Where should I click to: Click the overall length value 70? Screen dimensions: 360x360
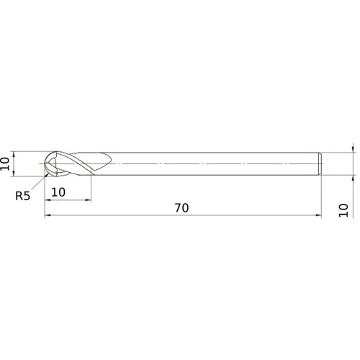click(x=181, y=207)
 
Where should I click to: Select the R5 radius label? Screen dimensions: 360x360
click(x=22, y=195)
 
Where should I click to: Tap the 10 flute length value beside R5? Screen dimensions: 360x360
click(x=58, y=192)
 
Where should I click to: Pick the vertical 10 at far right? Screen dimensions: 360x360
click(x=343, y=210)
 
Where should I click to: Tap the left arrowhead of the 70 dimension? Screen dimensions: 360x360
click(x=48, y=215)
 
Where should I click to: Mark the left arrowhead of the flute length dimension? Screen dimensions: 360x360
click(x=48, y=199)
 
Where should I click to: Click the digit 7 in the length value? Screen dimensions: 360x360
click(x=177, y=207)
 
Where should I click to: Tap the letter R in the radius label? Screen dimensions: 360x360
click(x=18, y=195)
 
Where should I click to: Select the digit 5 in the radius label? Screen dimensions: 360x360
click(x=27, y=195)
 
